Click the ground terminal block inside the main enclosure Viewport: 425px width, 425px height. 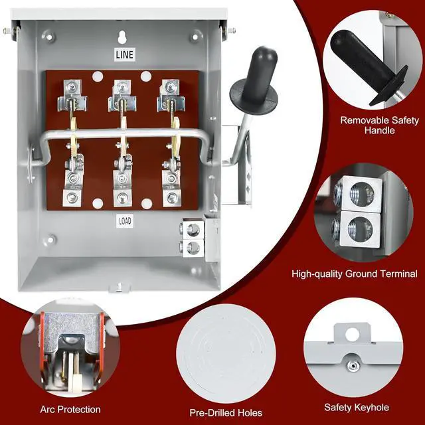191,238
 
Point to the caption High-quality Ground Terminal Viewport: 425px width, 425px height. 355,274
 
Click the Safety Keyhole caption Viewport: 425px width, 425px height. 356,407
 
